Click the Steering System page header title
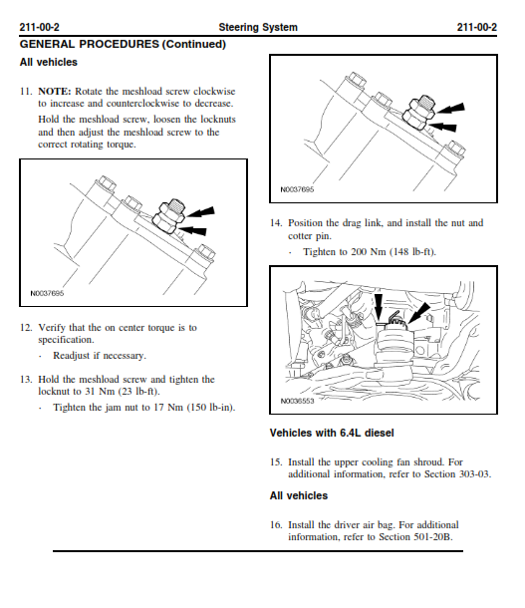258,27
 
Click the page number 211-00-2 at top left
39,27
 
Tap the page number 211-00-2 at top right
476,27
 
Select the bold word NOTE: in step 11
55,92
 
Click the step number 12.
26,328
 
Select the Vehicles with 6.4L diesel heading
332,433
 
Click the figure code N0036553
297,401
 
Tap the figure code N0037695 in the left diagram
47,293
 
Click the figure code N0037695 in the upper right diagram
297,189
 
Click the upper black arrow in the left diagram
200,212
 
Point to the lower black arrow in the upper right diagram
442,127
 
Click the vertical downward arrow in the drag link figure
379,306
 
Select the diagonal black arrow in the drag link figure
418,313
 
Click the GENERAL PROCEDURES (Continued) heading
123,44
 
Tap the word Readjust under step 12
72,356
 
